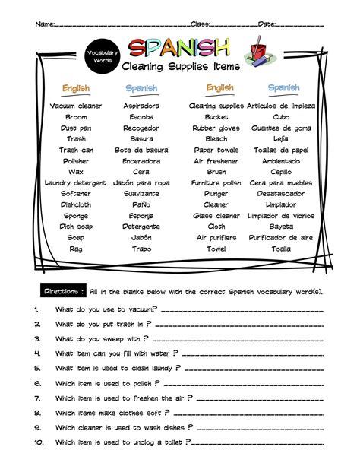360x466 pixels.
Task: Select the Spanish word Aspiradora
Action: (x=141, y=106)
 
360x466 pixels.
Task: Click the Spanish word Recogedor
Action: (x=141, y=128)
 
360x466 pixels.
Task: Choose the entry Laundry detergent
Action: (x=76, y=183)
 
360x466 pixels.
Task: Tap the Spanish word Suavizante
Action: (x=141, y=194)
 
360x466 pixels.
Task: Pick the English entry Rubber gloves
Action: (x=216, y=128)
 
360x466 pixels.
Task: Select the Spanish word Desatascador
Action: (x=280, y=194)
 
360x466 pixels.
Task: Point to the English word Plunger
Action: (x=216, y=194)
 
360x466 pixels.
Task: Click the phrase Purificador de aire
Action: (x=280, y=238)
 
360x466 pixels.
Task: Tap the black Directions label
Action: (x=62, y=291)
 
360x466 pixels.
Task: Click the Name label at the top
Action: (x=45, y=24)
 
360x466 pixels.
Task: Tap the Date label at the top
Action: (x=267, y=24)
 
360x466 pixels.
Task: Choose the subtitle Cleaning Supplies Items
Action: (x=180, y=67)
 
